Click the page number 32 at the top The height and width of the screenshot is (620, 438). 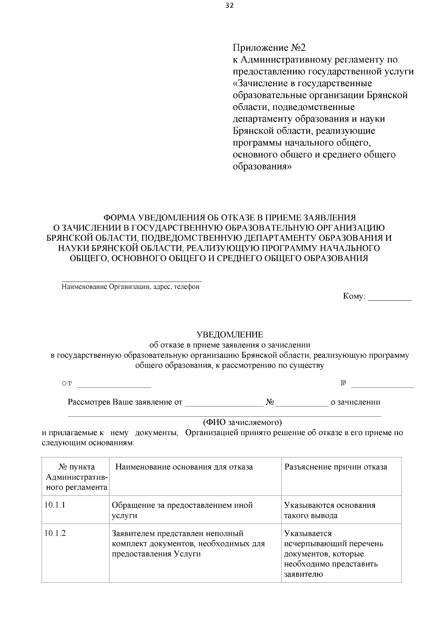(229, 5)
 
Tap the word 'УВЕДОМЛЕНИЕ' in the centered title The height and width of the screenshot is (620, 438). (230, 335)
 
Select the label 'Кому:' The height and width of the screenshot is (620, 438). (354, 296)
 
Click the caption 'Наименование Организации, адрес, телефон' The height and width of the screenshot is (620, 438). (131, 287)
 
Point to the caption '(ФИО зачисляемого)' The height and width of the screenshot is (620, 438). (242, 422)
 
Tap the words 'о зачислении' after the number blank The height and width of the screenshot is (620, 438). (355, 402)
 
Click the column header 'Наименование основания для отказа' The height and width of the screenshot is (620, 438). (184, 467)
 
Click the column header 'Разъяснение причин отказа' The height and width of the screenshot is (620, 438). (335, 467)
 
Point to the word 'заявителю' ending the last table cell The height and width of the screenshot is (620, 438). (303, 574)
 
